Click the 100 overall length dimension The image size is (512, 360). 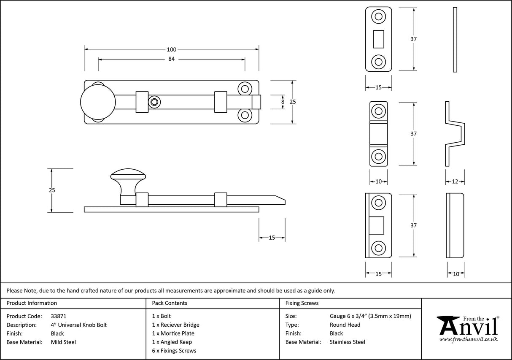pos(172,49)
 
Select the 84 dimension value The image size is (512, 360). pos(171,59)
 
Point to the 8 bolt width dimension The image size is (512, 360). pos(283,102)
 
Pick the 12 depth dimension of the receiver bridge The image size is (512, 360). pos(455,181)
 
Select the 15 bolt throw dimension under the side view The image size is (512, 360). pos(272,238)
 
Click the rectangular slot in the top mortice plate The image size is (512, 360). pos(378,39)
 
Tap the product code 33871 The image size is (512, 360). pos(58,316)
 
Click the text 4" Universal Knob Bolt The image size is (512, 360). pos(78,325)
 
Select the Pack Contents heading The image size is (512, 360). pos(170,303)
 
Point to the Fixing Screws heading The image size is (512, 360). pos(302,303)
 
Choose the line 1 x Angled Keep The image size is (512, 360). pos(172,342)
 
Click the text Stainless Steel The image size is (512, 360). pos(347,342)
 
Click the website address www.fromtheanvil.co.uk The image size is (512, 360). pos(468,339)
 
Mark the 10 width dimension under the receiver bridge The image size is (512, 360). pos(378,181)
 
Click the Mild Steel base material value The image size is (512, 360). pos(63,342)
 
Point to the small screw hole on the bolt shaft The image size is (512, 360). pos(155,102)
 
